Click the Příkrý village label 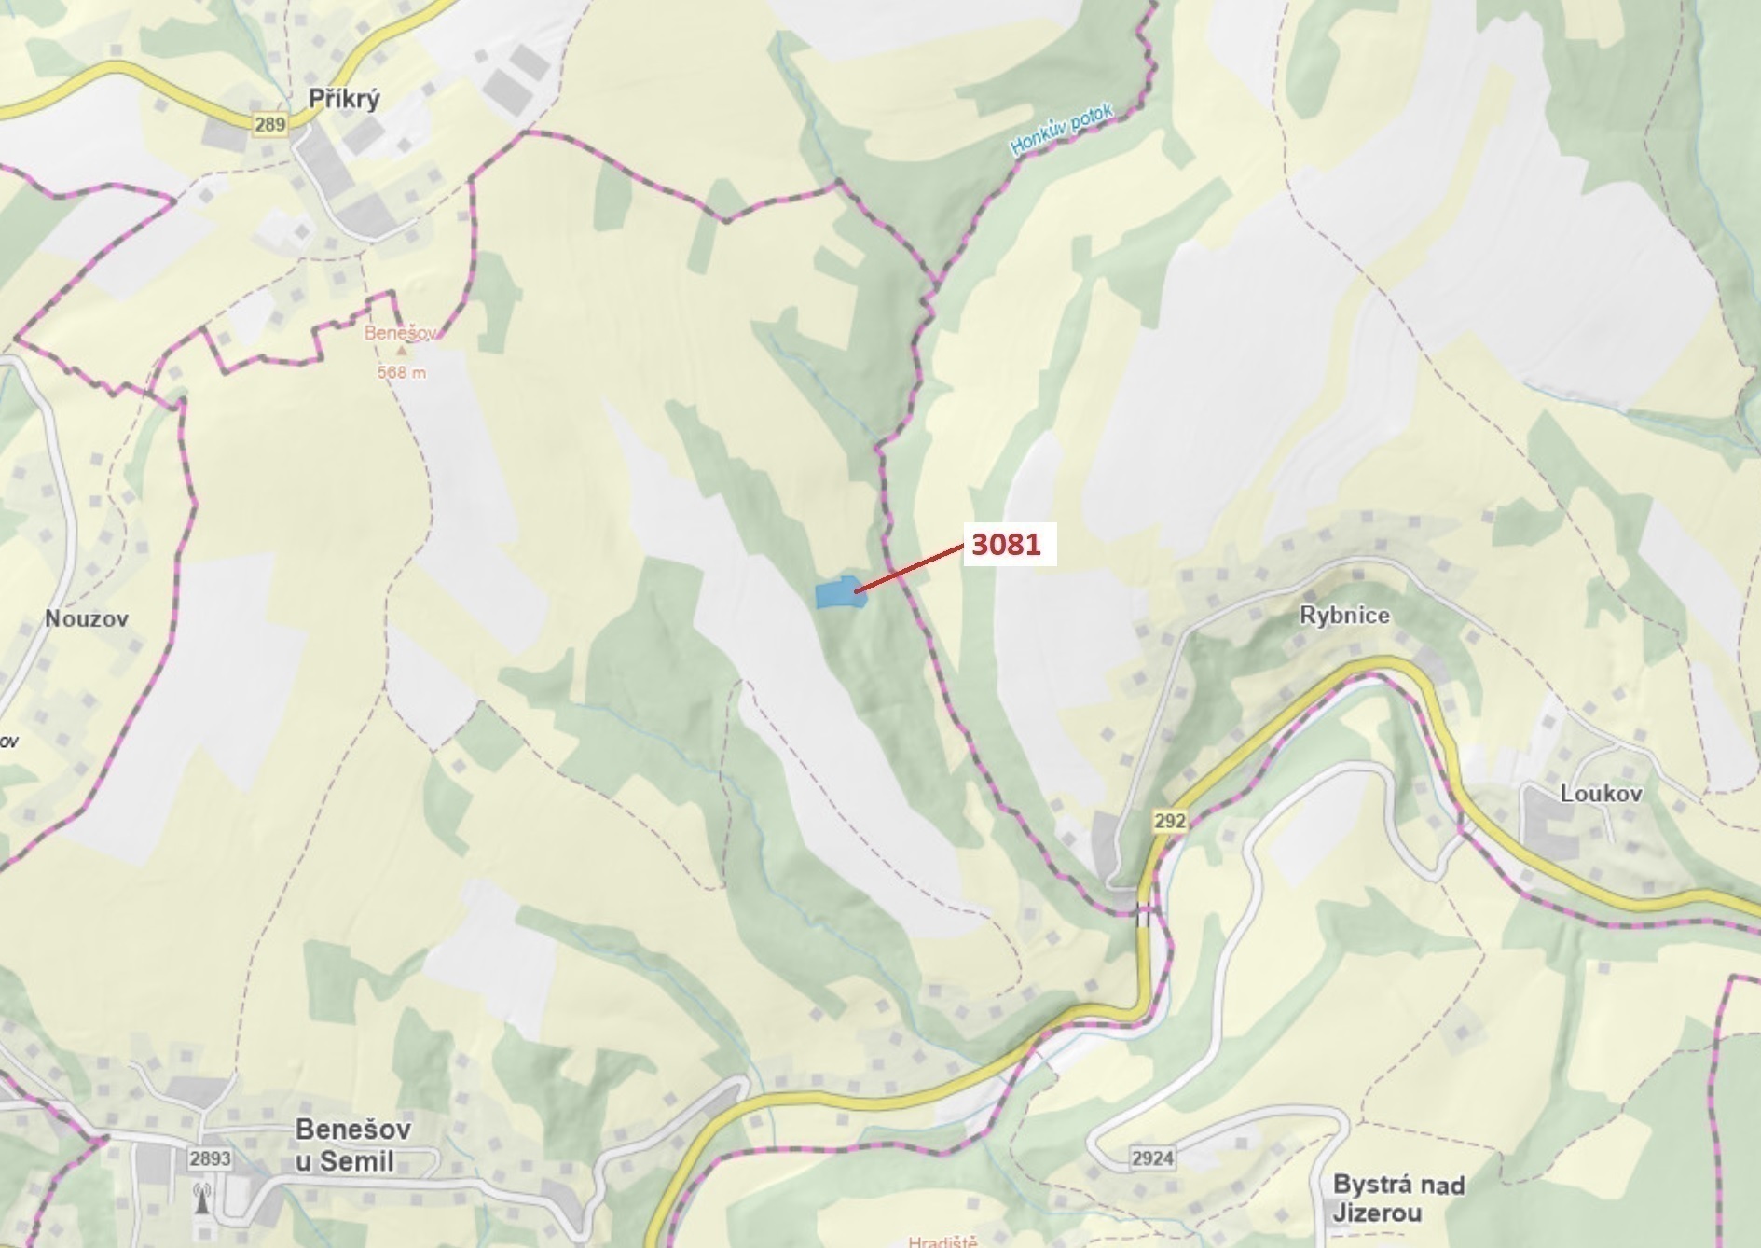pyautogui.click(x=345, y=100)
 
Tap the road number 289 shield pyautogui.click(x=268, y=125)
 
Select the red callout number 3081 pyautogui.click(x=1006, y=544)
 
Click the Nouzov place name pyautogui.click(x=87, y=618)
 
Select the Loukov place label pyautogui.click(x=1601, y=794)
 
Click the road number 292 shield pyautogui.click(x=1169, y=821)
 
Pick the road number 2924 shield pyautogui.click(x=1152, y=1158)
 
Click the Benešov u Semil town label pyautogui.click(x=352, y=1145)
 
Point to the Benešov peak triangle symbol pyautogui.click(x=402, y=352)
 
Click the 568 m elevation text pyautogui.click(x=402, y=372)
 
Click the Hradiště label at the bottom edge pyautogui.click(x=942, y=1241)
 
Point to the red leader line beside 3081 pyautogui.click(x=908, y=569)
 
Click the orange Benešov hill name pyautogui.click(x=400, y=333)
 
